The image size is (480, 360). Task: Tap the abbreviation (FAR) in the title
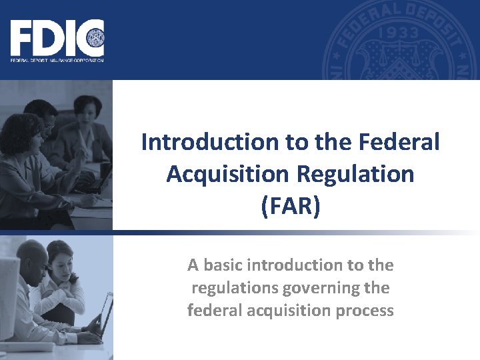(x=291, y=206)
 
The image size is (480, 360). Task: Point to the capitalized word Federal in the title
(x=399, y=142)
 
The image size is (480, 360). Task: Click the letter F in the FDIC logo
(x=22, y=39)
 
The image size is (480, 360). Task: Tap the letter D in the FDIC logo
(x=48, y=39)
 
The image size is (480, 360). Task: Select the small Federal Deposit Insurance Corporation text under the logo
(x=57, y=60)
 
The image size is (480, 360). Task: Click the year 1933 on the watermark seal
(x=397, y=33)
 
